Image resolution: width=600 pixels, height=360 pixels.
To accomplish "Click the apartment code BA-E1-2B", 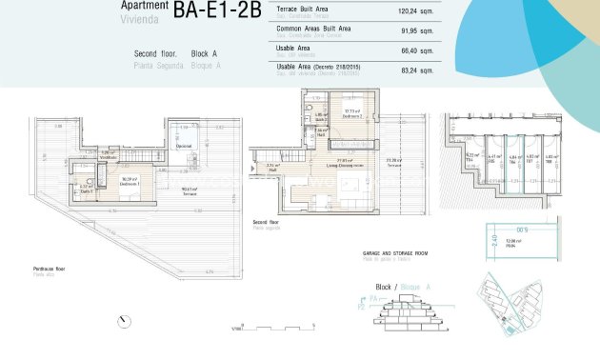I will (x=217, y=11).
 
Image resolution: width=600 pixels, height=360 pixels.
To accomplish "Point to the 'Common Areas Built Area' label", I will (x=313, y=29).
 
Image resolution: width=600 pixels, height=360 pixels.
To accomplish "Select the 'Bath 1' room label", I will (x=85, y=188).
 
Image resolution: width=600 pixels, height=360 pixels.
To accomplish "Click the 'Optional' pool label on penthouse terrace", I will (x=183, y=146).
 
